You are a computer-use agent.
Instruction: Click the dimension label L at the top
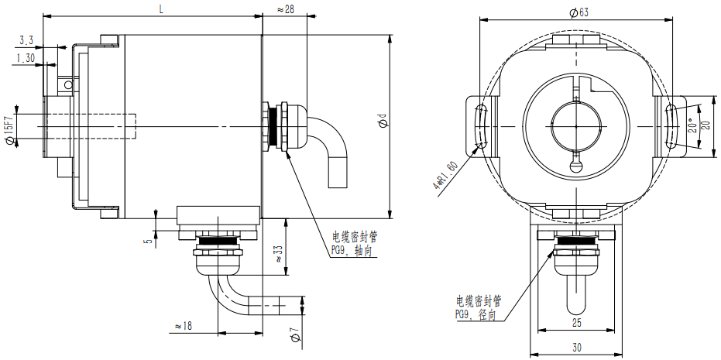click(160, 9)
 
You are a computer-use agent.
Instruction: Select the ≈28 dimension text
click(287, 9)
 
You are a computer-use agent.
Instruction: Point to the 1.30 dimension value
click(26, 57)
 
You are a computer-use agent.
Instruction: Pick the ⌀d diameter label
click(381, 122)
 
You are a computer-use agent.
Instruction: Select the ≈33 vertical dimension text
click(276, 253)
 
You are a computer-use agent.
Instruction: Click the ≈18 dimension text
click(184, 326)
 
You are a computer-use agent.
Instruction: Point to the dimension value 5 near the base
click(147, 241)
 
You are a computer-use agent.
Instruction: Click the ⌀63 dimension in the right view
click(579, 12)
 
